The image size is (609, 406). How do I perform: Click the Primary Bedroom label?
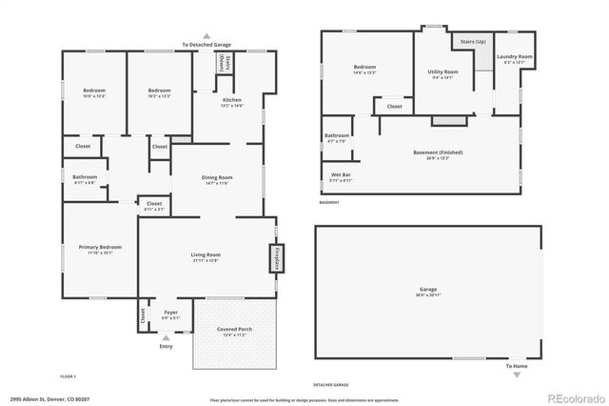(x=100, y=248)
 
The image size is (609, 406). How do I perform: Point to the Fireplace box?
(x=277, y=258)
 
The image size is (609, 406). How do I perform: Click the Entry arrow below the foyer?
(x=167, y=337)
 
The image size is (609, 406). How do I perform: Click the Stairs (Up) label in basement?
(x=474, y=42)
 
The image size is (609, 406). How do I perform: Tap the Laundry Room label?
(x=514, y=58)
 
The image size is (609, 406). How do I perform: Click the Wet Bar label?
(x=340, y=176)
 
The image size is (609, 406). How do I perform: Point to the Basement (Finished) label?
(x=438, y=154)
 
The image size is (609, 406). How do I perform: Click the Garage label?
(x=428, y=290)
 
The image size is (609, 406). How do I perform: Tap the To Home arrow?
(x=517, y=374)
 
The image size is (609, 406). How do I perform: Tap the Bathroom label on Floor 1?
(x=85, y=176)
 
